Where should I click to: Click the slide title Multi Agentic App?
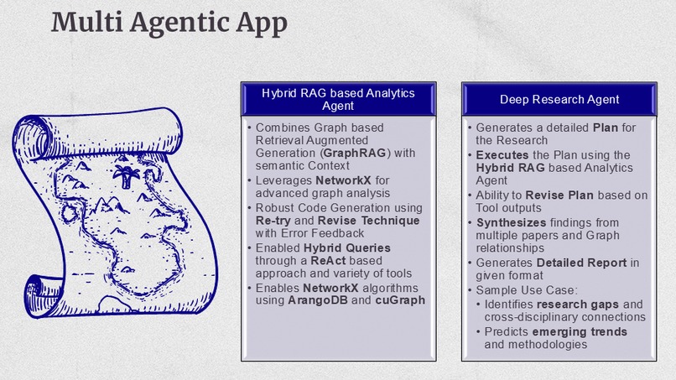(x=169, y=23)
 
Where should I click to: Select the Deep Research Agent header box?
(x=559, y=99)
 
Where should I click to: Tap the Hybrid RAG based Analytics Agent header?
(x=338, y=99)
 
